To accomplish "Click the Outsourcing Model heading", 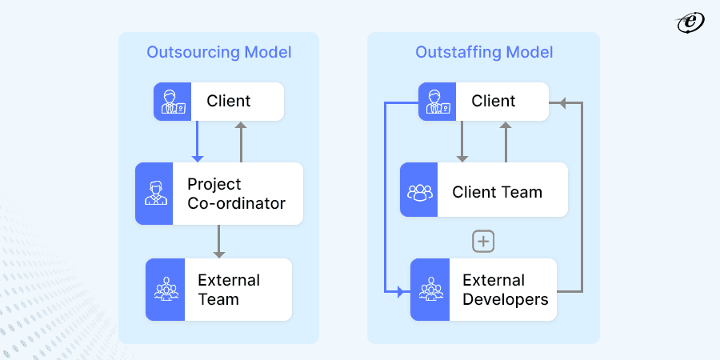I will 218,53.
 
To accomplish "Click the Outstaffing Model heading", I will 483,53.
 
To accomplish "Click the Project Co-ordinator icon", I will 153,193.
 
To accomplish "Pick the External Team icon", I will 165,290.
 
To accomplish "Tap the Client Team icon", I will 419,193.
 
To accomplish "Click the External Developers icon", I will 430,290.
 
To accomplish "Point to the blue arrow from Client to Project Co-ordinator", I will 197,142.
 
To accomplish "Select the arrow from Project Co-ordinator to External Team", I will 218,241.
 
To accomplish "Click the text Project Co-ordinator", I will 236,194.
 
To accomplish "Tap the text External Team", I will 229,290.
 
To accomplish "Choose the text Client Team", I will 497,193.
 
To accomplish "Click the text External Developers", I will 505,290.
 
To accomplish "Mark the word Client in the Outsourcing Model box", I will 228,101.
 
